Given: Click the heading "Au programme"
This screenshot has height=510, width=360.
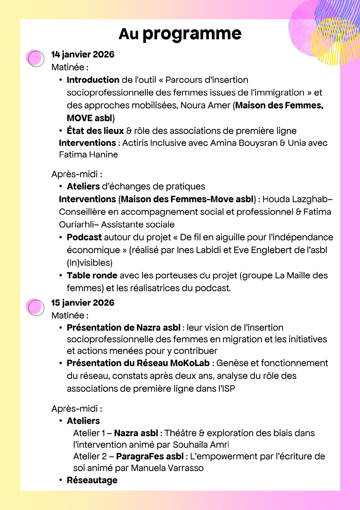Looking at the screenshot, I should coord(180,34).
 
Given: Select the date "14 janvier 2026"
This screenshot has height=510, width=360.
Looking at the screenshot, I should coord(83,54).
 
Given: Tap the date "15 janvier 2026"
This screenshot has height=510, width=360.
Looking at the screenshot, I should coord(83,303).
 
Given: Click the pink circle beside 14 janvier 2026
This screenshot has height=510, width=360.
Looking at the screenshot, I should coord(35,58).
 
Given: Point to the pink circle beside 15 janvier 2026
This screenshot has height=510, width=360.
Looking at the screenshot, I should coord(35,307).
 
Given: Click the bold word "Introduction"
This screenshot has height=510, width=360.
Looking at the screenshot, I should coord(93,80).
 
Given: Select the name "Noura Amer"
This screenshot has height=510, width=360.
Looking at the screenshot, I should coord(205,105).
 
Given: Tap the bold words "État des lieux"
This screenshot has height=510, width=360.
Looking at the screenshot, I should coord(95,131).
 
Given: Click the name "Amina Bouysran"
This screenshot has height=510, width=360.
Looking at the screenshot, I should coord(244,143).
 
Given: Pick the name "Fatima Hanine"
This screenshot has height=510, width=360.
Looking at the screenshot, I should coord(88,155).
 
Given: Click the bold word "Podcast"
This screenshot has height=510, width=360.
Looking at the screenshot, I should coord(84,237).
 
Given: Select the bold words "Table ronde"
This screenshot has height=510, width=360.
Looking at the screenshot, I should coord(92,275).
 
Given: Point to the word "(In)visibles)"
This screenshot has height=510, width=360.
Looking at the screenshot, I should coord(90,263).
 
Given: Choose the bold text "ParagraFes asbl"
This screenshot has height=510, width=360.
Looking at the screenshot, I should coord(150,457).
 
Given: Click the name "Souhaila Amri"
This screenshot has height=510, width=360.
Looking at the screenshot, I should coord(201,445).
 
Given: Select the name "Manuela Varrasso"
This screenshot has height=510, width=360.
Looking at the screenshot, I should coord(167,468).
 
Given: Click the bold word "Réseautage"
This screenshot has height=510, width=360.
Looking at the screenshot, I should coord(92,480).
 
